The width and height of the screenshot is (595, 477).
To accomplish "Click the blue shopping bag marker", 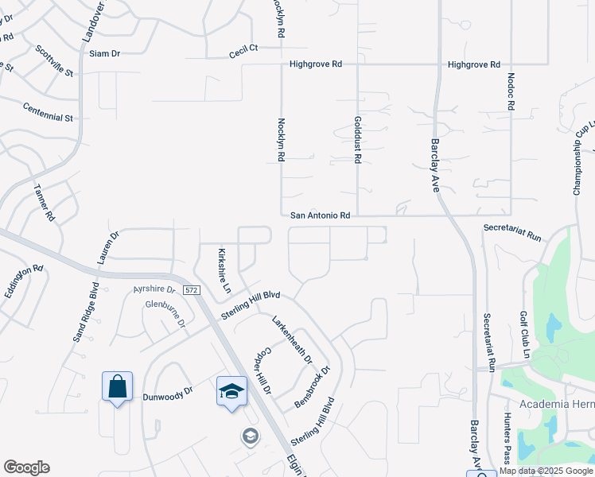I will (x=117, y=388).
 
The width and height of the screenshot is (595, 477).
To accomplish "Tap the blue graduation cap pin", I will (x=231, y=392).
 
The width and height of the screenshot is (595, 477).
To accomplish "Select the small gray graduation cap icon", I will (x=250, y=436).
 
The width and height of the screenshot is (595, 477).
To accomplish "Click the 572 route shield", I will (x=191, y=291).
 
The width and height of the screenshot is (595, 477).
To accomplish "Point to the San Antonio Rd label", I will (x=321, y=215).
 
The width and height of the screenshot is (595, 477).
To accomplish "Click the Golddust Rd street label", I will (x=357, y=141).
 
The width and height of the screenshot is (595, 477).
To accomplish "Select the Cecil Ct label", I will (x=243, y=48).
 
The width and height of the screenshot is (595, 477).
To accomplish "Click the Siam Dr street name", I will (x=104, y=53).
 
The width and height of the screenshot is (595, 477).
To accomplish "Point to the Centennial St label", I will (x=48, y=112).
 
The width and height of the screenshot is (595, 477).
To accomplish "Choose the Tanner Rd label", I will (x=44, y=203).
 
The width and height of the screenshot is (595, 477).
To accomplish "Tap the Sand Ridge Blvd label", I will (x=85, y=312).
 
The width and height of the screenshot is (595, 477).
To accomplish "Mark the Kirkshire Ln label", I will (x=224, y=270).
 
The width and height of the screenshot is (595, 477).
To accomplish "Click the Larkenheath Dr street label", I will (x=292, y=340).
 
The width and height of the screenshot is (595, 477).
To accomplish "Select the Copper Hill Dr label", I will (x=263, y=371).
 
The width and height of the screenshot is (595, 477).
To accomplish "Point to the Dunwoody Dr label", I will (x=168, y=394).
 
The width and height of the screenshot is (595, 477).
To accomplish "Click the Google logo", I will (x=26, y=467).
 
